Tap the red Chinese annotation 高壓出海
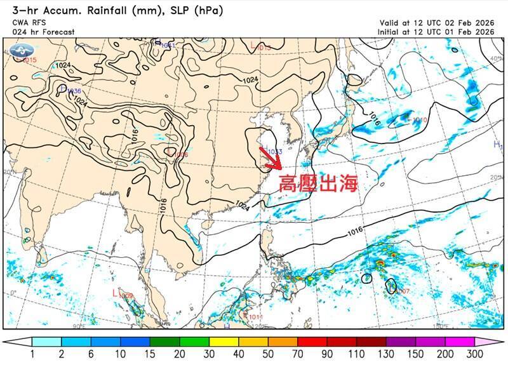click(x=319, y=183)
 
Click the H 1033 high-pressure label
click(x=272, y=152)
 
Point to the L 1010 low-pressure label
click(x=417, y=119)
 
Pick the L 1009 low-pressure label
click(x=123, y=295)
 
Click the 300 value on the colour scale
click(x=474, y=354)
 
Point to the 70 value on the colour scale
click(x=297, y=354)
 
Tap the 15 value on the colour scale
click(x=150, y=354)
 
